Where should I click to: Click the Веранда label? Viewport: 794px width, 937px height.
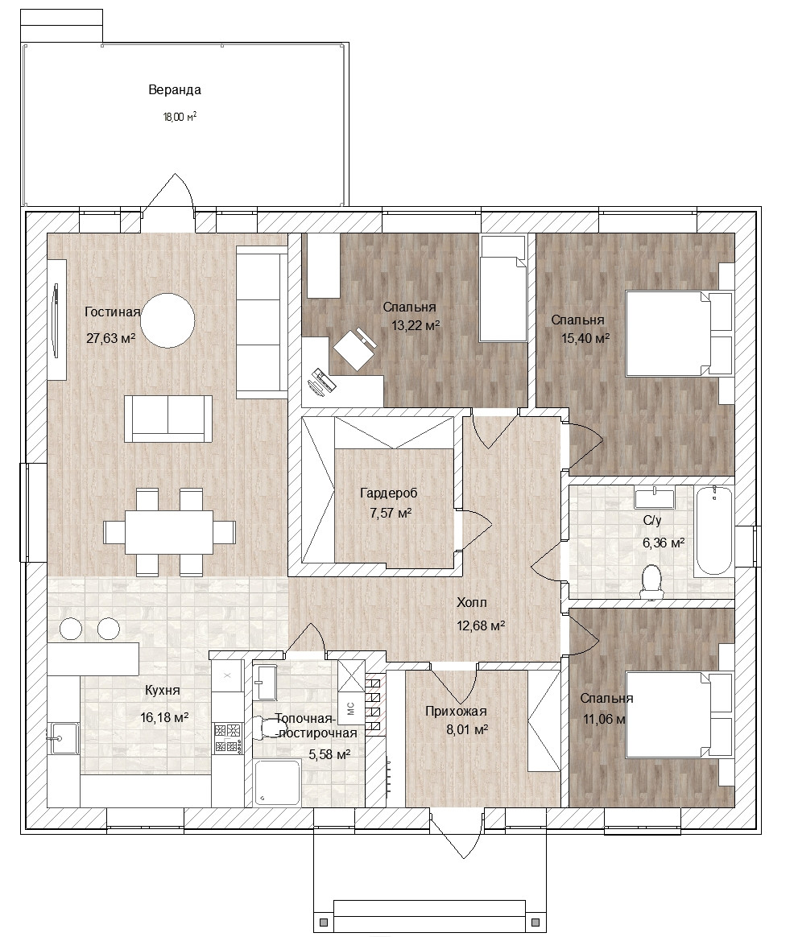pos(175,89)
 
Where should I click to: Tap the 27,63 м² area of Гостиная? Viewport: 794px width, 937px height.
pos(110,338)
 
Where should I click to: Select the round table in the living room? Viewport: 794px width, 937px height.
pos(170,321)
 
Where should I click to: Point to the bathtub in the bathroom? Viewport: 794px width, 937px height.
pos(714,530)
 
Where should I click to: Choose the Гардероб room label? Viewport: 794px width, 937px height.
pos(389,493)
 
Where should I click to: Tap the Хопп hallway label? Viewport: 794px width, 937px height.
pos(472,602)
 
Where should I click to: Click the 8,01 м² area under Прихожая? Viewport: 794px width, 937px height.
pos(467,729)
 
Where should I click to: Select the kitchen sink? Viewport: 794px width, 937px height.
pos(64,739)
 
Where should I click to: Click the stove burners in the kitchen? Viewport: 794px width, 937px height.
pos(228,737)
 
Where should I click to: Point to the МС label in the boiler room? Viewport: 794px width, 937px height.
pos(351,708)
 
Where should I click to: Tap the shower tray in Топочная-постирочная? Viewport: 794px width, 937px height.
pos(277,783)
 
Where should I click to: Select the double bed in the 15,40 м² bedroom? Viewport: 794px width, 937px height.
pos(679,333)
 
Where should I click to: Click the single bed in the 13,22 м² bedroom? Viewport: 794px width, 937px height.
pos(503,289)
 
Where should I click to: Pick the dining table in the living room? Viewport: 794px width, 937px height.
pos(169,532)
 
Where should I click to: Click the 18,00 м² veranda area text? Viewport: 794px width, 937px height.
pos(180,117)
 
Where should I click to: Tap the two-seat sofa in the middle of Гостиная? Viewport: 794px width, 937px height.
pos(168,419)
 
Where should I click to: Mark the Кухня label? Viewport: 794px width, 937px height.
pos(162,690)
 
